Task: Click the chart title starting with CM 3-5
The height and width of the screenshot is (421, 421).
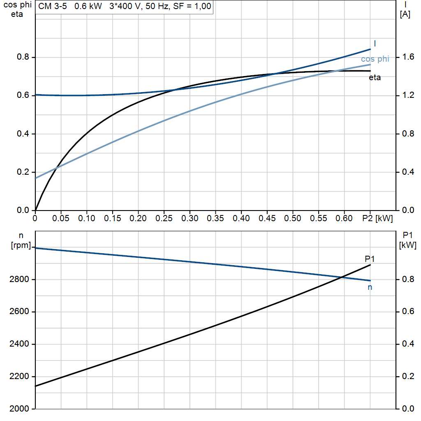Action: tap(124, 7)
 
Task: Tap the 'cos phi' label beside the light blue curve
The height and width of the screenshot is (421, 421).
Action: tap(375, 59)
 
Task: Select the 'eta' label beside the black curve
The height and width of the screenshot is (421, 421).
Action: tap(375, 77)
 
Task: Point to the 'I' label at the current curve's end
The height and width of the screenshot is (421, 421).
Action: tap(375, 43)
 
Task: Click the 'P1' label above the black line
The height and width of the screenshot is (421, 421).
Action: tap(370, 259)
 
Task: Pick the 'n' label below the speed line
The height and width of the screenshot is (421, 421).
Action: tap(370, 287)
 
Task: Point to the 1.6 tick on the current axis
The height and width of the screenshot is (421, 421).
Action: tap(406, 57)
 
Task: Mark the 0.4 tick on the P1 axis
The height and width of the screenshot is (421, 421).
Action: tap(406, 344)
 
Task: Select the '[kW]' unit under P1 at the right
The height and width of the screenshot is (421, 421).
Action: tap(407, 245)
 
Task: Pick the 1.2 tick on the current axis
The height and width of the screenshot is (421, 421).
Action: tap(406, 95)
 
